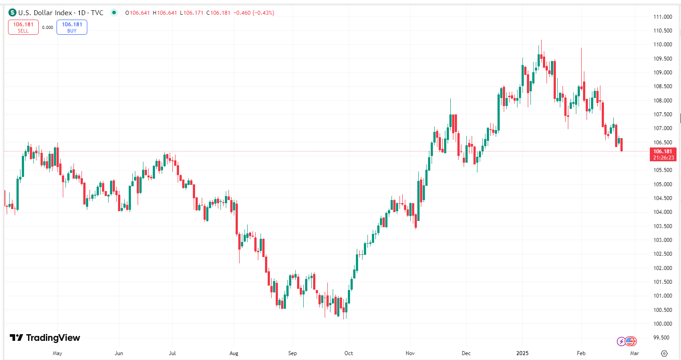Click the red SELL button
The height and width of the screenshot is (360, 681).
tap(23, 28)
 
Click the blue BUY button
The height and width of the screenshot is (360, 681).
tap(72, 28)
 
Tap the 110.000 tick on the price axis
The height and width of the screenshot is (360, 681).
tap(662, 45)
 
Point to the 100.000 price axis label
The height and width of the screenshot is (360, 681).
tap(662, 324)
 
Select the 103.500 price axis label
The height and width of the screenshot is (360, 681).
tap(662, 226)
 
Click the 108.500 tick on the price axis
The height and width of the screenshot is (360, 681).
tap(662, 86)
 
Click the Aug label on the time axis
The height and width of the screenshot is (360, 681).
tap(234, 353)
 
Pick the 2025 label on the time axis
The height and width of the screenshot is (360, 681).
tap(523, 353)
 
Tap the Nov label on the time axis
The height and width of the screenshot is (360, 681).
tap(410, 353)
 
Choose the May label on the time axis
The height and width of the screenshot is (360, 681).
tap(57, 353)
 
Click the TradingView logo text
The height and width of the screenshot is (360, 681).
tap(53, 338)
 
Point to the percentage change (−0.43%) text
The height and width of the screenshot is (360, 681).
tap(263, 12)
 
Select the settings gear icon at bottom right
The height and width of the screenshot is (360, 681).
tap(664, 353)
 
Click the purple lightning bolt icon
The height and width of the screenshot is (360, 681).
tap(621, 342)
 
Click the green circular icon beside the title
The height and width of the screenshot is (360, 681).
tap(114, 12)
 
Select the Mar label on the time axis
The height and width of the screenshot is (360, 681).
tap(634, 353)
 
